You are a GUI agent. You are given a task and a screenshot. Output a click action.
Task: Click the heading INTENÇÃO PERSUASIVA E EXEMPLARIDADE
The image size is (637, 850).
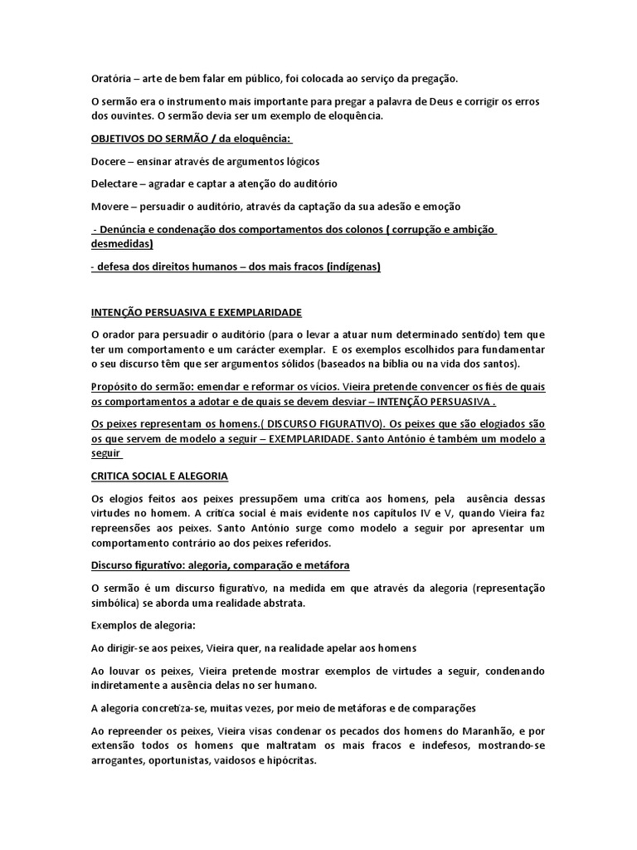(x=197, y=312)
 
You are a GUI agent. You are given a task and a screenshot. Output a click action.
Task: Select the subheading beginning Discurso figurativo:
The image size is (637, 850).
(x=220, y=565)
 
